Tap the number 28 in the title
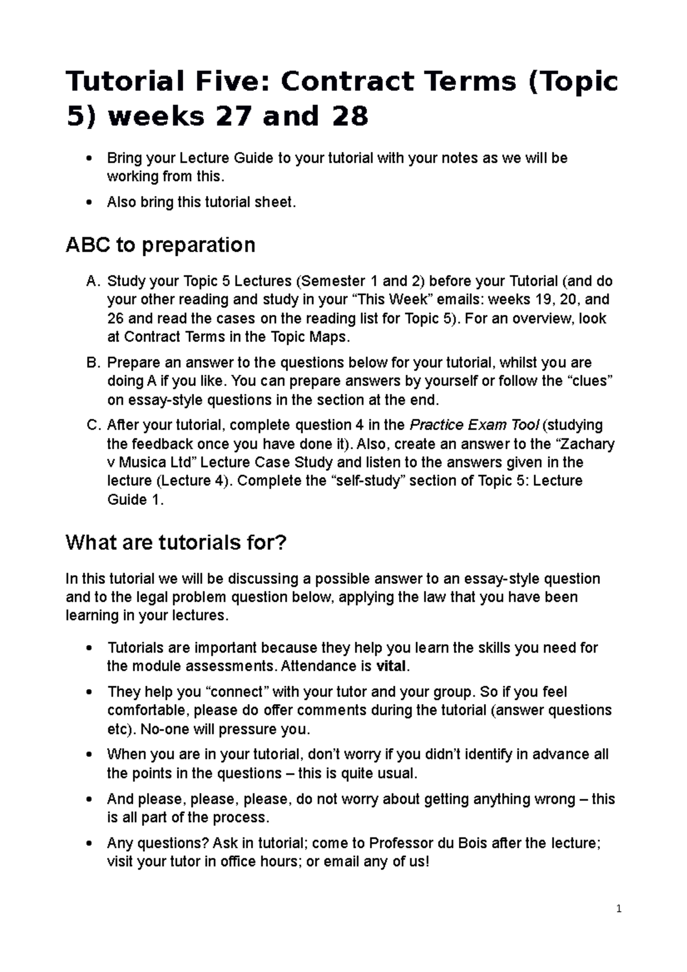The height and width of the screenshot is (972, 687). click(344, 117)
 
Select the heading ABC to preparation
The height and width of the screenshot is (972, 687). click(160, 245)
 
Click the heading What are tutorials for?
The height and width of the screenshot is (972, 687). click(176, 542)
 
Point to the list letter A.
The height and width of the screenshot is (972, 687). click(92, 281)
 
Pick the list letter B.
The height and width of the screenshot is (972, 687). click(92, 362)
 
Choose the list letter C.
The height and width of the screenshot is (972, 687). click(92, 425)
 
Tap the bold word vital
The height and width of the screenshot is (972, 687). click(391, 666)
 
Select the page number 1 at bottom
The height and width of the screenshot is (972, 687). click(619, 909)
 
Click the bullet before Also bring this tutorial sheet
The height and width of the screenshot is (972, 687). click(88, 202)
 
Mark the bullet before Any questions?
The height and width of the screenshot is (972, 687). click(88, 843)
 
